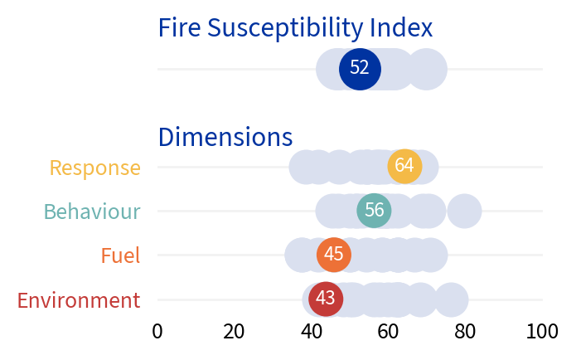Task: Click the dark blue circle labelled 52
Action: tap(360, 68)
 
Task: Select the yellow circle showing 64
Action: tap(404, 166)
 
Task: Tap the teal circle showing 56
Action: tap(374, 211)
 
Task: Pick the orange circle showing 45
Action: tap(334, 255)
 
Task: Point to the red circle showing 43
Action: tap(326, 299)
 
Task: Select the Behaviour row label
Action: tap(92, 212)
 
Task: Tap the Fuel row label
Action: tap(120, 255)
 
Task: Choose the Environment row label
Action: tap(79, 300)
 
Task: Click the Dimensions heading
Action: tap(225, 137)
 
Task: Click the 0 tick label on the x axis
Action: tap(157, 332)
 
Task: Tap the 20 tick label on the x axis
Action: tap(234, 332)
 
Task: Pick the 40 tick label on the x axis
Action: tap(312, 332)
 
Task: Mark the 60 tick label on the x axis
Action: tap(389, 332)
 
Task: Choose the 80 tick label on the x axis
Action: tap(466, 332)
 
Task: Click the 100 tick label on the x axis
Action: tap(543, 332)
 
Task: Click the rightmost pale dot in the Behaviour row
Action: tap(464, 211)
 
